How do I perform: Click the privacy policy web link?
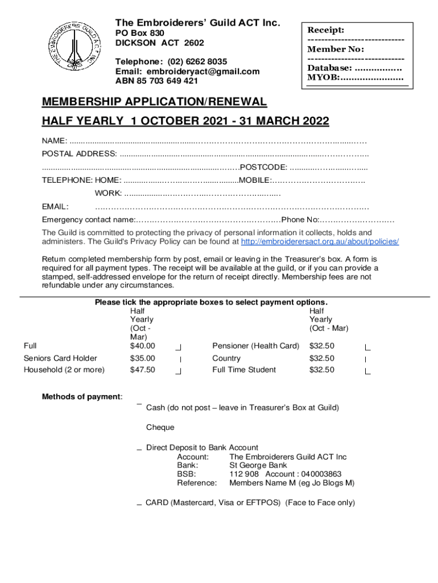[x=320, y=241]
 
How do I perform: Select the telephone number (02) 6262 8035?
[x=195, y=61]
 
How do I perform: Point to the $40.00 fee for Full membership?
[x=142, y=346]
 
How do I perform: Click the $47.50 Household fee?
[x=142, y=369]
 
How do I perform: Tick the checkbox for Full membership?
[x=179, y=347]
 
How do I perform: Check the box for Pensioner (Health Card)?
[x=367, y=347]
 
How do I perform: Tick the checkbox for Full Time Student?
[x=367, y=371]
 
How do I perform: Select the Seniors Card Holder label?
[x=60, y=358]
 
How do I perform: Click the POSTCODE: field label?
[x=263, y=167]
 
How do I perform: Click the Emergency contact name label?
[x=88, y=220]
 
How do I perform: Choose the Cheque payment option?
[x=160, y=428]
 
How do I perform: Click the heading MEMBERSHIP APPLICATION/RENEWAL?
[x=154, y=102]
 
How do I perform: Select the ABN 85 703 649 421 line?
[x=157, y=81]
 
